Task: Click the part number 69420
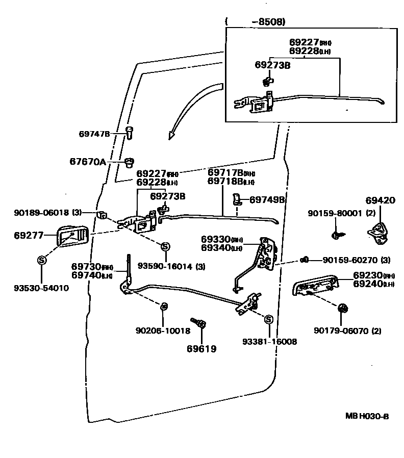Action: click(380, 200)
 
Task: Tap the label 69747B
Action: click(94, 134)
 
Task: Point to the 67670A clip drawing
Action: click(129, 163)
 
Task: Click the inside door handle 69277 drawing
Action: click(72, 235)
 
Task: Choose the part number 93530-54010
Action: click(41, 288)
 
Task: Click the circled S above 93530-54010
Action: click(41, 260)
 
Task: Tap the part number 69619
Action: click(201, 349)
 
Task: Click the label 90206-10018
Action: click(163, 330)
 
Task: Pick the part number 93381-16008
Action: click(269, 342)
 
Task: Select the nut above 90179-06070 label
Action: click(343, 308)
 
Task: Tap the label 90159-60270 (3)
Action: click(356, 260)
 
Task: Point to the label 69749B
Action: click(266, 200)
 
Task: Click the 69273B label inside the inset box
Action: click(272, 65)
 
